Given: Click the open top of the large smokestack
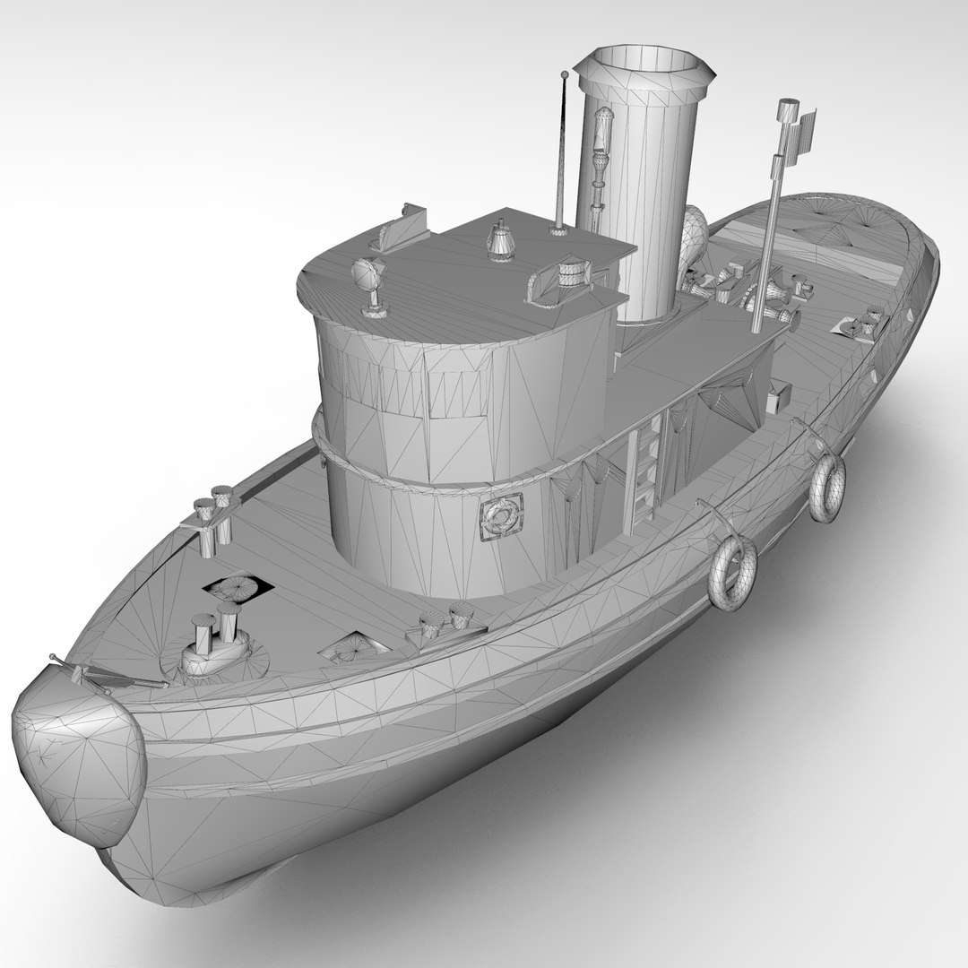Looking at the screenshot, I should click(x=646, y=65).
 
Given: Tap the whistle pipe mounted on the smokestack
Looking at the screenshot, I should click(x=601, y=170).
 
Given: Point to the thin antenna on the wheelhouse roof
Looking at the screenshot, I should click(x=564, y=152).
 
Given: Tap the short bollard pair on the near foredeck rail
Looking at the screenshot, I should click(x=446, y=621).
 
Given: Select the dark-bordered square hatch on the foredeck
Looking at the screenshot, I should click(x=238, y=588).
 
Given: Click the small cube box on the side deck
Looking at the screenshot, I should click(x=778, y=395).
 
